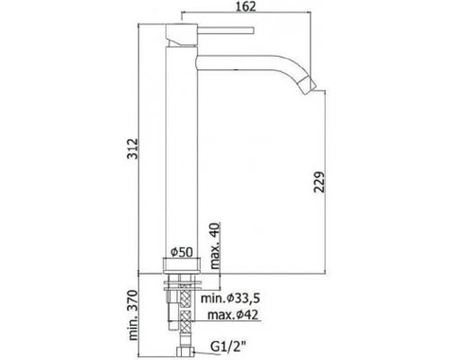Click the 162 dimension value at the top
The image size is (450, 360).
(246, 6)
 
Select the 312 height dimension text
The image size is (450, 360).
(132, 148)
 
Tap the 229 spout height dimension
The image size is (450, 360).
(319, 182)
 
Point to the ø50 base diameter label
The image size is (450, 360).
(182, 252)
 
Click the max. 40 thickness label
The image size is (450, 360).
(215, 246)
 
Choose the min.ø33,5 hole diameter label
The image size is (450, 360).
(230, 298)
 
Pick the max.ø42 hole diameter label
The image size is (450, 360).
(233, 315)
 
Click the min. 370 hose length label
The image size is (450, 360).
(133, 315)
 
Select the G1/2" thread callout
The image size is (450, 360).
(228, 346)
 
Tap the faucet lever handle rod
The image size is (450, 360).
(226, 31)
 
